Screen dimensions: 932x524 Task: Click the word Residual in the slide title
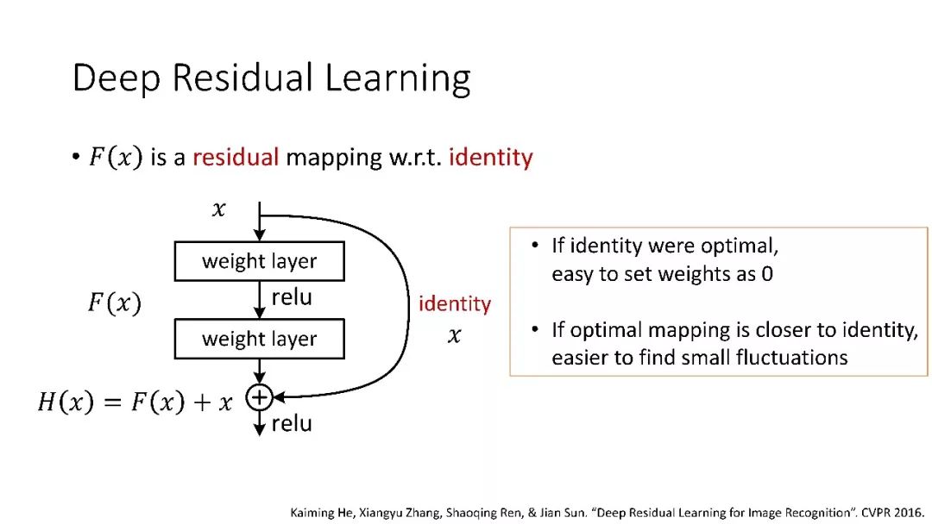[242, 78]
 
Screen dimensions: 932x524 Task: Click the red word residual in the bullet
[236, 157]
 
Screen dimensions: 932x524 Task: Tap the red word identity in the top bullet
[490, 158]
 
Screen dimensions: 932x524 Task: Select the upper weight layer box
[259, 261]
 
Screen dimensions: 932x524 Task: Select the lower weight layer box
[259, 339]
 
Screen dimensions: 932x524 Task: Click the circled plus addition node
[259, 397]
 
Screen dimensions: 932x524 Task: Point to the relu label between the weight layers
[292, 297]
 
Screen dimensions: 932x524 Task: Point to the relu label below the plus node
[292, 424]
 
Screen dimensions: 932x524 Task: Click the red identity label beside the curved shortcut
[455, 304]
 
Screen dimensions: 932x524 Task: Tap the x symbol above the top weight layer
[218, 209]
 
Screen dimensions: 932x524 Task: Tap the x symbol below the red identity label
[454, 336]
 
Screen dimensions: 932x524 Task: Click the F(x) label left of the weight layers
[115, 303]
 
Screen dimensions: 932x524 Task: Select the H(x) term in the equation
[66, 402]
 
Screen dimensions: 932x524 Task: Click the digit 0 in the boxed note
[767, 274]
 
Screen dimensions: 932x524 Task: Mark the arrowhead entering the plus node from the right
[278, 397]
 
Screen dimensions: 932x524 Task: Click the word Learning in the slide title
[398, 78]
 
